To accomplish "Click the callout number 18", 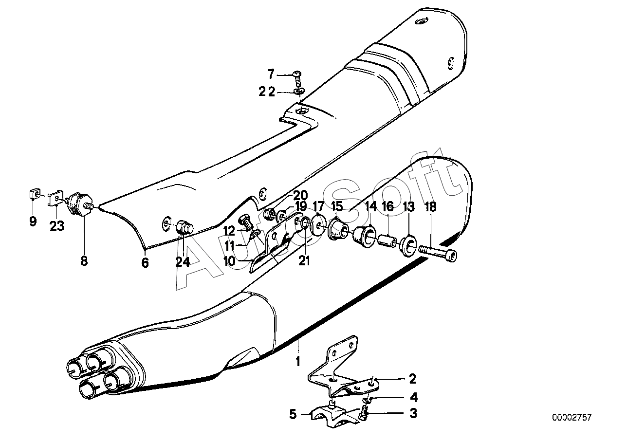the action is point(430,207).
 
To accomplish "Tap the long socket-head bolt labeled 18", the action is point(438,253).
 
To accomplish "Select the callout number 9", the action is point(33,221).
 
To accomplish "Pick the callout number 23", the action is point(57,226).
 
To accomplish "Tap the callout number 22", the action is point(267,92).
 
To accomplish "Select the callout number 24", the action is point(183,262).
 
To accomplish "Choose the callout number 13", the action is point(409,207).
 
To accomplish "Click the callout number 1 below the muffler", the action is point(298,361).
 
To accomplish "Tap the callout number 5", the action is point(293,414).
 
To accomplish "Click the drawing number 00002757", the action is point(572,418).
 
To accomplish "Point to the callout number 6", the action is point(145,263).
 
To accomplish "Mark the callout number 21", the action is point(304,261).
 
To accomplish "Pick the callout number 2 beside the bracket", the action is point(413,379).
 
